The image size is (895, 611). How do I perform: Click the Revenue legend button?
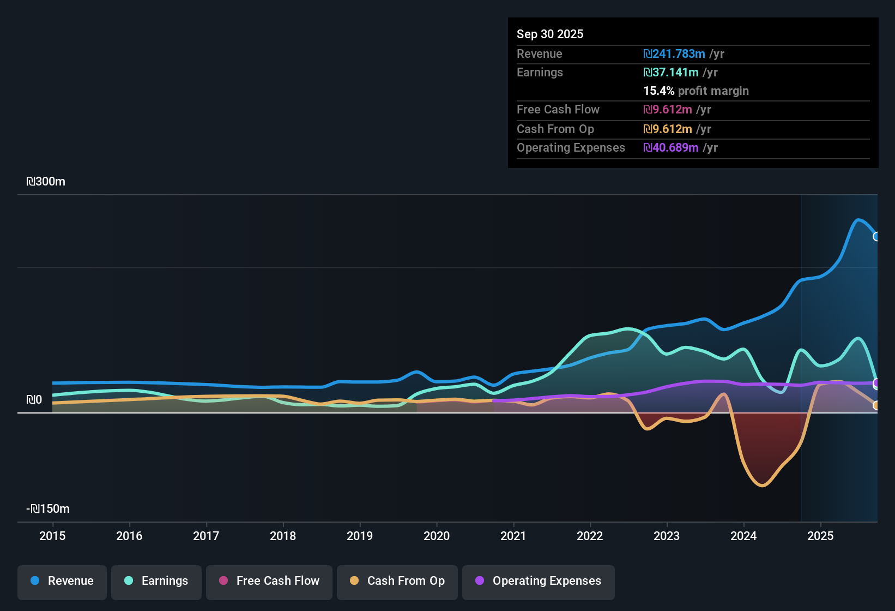pos(62,581)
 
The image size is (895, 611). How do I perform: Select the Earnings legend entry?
pos(156,581)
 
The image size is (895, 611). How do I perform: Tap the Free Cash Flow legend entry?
pos(269,581)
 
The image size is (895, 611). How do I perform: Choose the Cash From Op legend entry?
pos(397,581)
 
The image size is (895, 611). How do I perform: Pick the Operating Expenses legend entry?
pos(539,581)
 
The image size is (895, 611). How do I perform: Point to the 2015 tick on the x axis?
pos(52,536)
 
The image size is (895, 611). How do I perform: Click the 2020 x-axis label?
pos(437,536)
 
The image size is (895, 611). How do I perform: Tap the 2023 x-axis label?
pos(667,536)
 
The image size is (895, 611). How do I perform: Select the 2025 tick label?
pos(820,536)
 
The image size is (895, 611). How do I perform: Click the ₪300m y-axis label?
pos(46,182)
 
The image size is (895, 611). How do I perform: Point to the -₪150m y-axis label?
pos(48,509)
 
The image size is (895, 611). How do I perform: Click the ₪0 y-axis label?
pos(34,400)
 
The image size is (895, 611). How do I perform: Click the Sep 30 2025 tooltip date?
pos(549,34)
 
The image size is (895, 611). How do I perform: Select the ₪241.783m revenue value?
pos(674,53)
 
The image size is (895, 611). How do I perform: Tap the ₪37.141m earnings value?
pos(671,72)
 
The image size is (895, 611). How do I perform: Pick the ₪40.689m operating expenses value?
pos(671,147)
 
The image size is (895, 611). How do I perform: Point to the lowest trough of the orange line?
pos(761,485)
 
